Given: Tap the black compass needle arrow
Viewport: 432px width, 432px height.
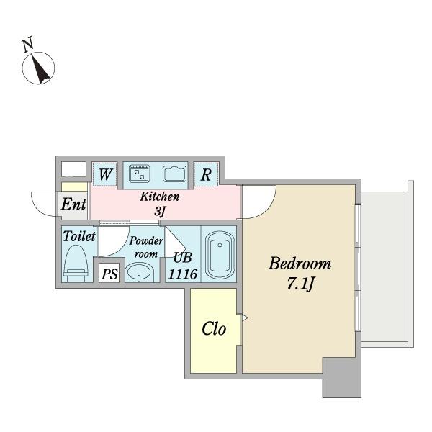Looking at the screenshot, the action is (40, 69).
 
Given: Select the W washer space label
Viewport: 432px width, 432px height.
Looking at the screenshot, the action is (106, 174).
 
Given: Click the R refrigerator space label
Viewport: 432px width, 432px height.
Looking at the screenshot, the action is (206, 174).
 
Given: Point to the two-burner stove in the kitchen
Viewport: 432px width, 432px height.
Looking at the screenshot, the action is (140, 174).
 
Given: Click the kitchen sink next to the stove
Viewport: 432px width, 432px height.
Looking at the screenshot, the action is (174, 174).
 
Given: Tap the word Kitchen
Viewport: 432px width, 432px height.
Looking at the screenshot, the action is (160, 197).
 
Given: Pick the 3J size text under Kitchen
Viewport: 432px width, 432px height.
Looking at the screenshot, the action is (160, 212).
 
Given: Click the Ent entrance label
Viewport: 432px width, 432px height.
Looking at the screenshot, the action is (73, 204).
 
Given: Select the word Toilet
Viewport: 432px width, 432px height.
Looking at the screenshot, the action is (79, 236).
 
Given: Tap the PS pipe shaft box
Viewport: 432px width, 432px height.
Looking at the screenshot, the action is (109, 273).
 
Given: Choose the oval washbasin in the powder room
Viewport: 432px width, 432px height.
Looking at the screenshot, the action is (139, 272).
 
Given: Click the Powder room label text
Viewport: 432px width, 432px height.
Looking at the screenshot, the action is (146, 247).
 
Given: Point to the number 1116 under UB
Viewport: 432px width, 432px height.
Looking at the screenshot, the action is (183, 274).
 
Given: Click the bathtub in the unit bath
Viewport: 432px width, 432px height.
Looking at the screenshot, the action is (220, 255).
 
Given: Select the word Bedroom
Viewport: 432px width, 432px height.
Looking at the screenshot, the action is (300, 264).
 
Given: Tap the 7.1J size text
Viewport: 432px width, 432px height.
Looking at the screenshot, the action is (300, 283).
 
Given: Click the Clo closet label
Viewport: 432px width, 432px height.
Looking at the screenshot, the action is (214, 329).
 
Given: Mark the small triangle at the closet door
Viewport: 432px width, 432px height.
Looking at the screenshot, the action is (245, 318).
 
